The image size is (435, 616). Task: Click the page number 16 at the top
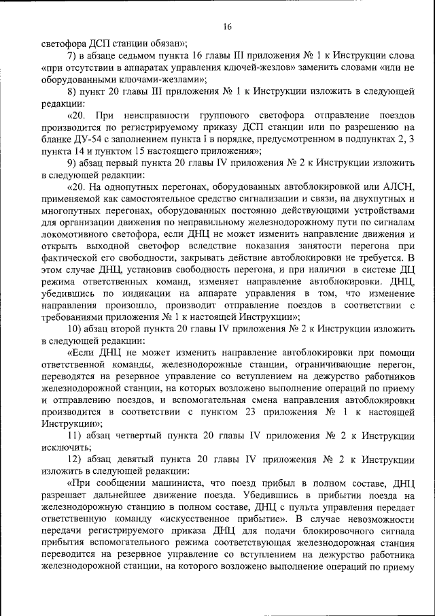pyautogui.click(x=227, y=27)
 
